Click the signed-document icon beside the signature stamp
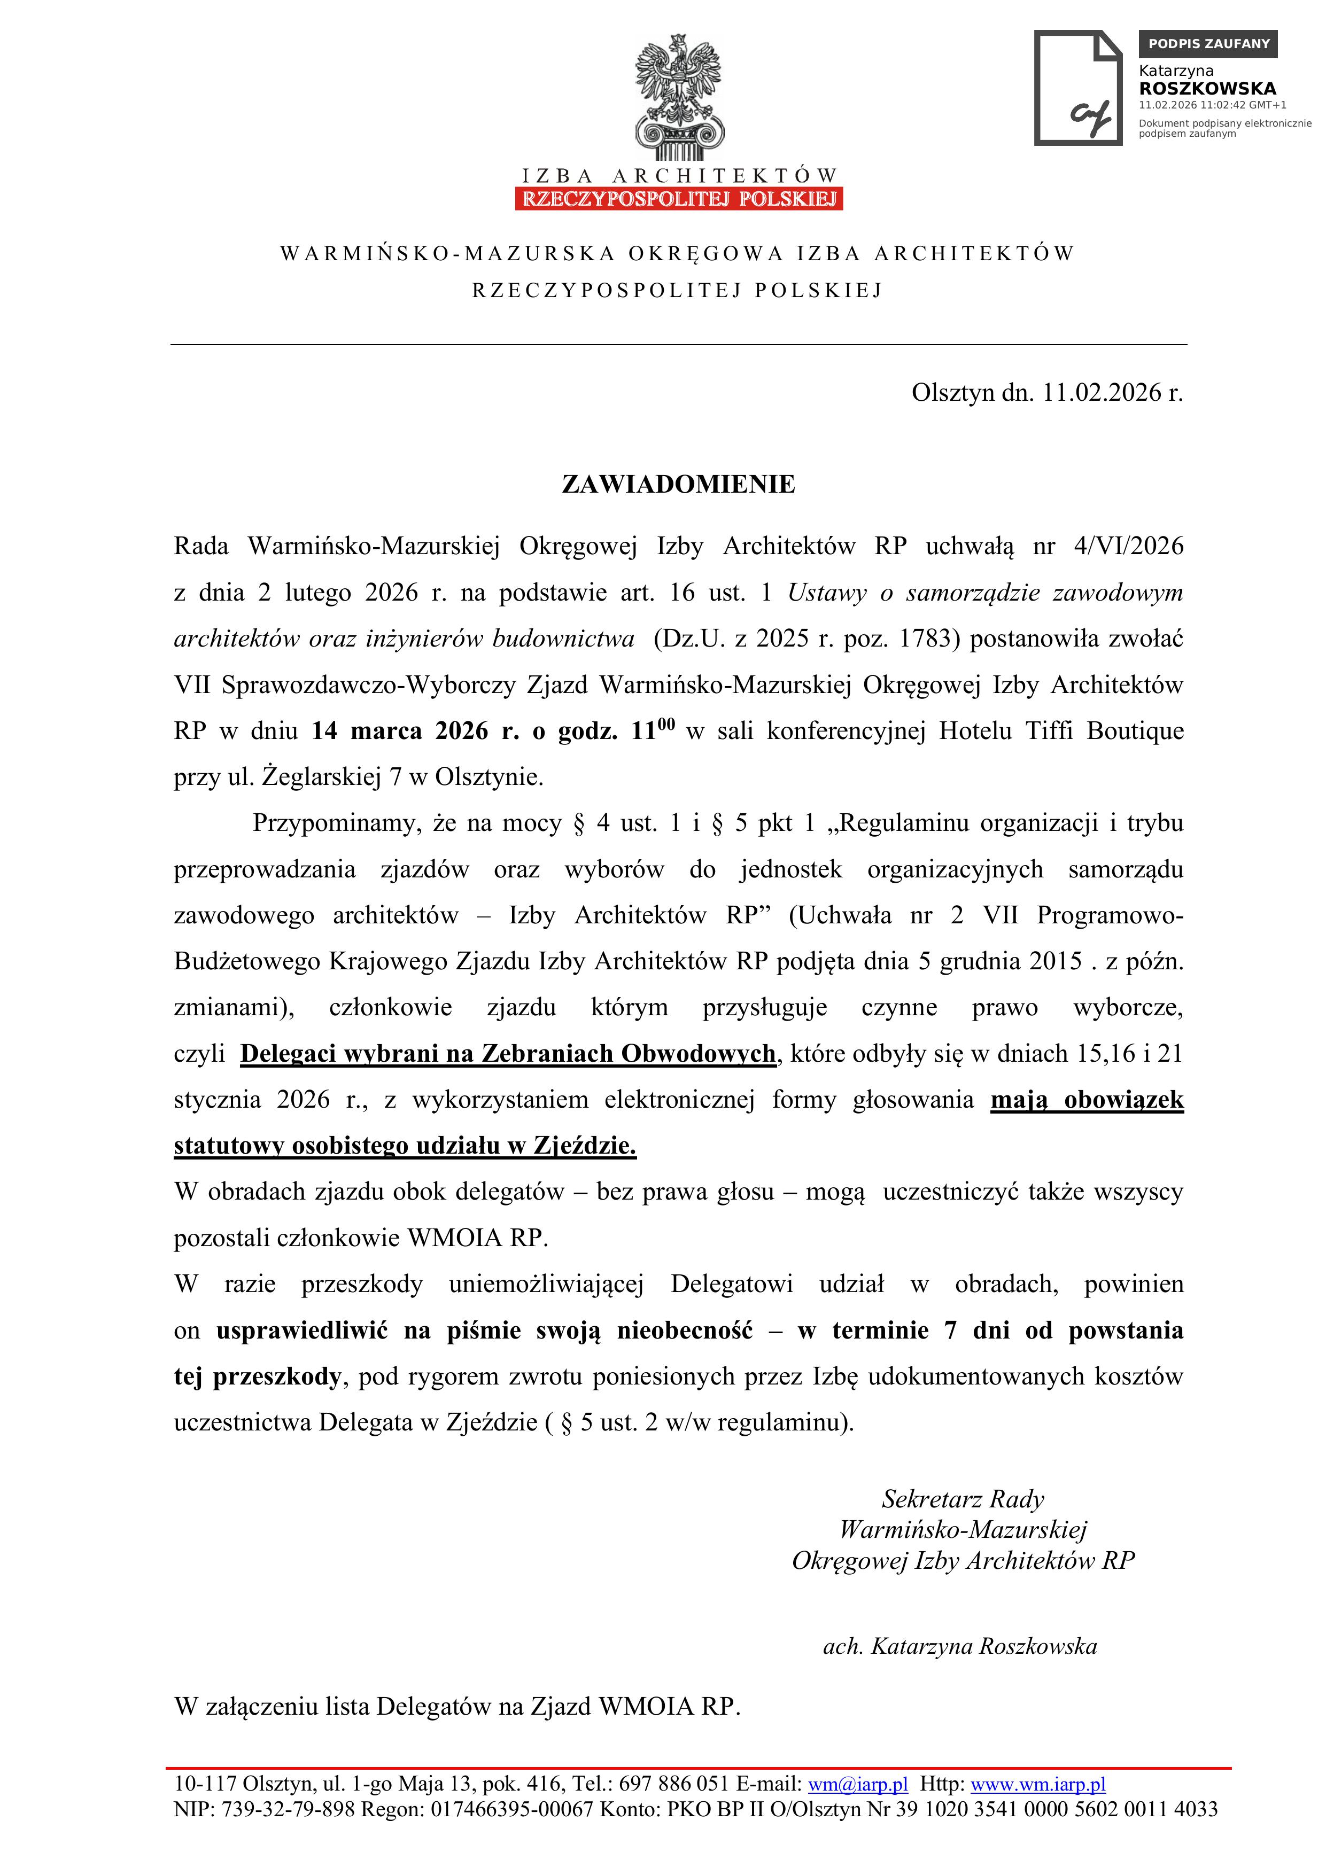pos(1079,88)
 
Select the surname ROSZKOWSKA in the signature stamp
pos(1207,88)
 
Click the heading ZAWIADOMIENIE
pos(678,484)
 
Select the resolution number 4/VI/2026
pos(1128,546)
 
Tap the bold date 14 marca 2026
pos(400,731)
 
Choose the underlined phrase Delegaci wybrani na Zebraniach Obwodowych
pos(508,1054)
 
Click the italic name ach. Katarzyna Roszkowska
pos(959,1646)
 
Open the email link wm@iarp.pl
pos(857,1784)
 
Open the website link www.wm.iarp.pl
pos(1037,1784)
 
